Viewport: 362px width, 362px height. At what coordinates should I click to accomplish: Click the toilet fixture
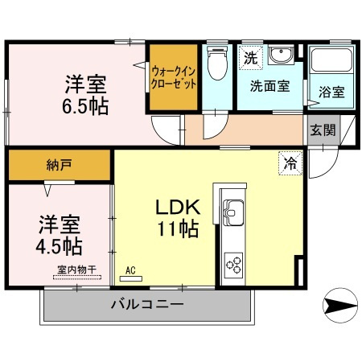click(217, 62)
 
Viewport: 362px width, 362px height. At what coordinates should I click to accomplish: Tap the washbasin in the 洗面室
click(281, 55)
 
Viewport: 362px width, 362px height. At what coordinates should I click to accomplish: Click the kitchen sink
click(233, 212)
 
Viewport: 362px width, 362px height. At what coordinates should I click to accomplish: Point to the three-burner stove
click(233, 265)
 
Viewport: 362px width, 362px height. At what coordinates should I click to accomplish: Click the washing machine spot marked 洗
click(250, 58)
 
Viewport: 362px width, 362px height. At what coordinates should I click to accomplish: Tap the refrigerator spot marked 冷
click(290, 163)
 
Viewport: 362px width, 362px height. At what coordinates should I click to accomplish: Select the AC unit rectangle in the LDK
click(130, 279)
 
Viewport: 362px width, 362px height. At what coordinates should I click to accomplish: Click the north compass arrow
click(340, 305)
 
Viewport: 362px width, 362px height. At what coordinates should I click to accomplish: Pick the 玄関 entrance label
click(323, 130)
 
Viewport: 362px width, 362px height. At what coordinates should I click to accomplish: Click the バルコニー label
click(147, 304)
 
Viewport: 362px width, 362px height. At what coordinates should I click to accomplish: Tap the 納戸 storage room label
click(59, 165)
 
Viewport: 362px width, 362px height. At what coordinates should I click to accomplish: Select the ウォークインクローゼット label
click(174, 78)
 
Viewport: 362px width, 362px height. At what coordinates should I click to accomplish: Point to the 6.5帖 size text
click(85, 106)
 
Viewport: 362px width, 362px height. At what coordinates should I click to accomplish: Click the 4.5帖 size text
click(59, 246)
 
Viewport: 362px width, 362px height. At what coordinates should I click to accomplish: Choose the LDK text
click(178, 207)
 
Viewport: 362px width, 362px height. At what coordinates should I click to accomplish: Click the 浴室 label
click(331, 92)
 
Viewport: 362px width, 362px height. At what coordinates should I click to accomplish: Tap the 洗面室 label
click(270, 86)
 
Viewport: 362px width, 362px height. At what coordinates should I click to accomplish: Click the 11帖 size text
click(178, 228)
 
